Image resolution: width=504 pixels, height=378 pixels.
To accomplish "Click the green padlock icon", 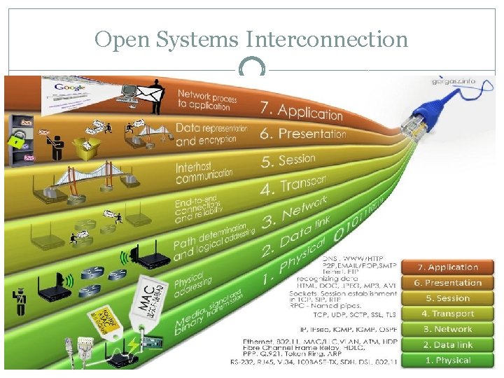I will pos(15,140).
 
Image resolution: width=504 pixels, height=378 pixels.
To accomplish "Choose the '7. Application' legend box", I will pos(453,267).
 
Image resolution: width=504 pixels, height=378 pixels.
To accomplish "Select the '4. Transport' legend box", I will pos(453,314).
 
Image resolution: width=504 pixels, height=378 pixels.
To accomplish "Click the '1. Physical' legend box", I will pos(453,360).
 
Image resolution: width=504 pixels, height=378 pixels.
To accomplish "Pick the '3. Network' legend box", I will pos(453,329).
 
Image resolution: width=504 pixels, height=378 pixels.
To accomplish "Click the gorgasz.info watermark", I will pos(453,81).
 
